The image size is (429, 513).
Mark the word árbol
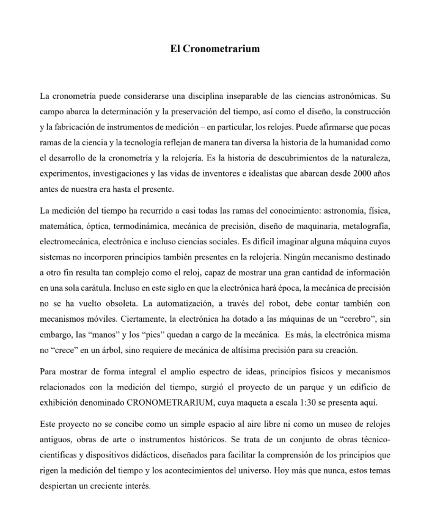tap(111, 349)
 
